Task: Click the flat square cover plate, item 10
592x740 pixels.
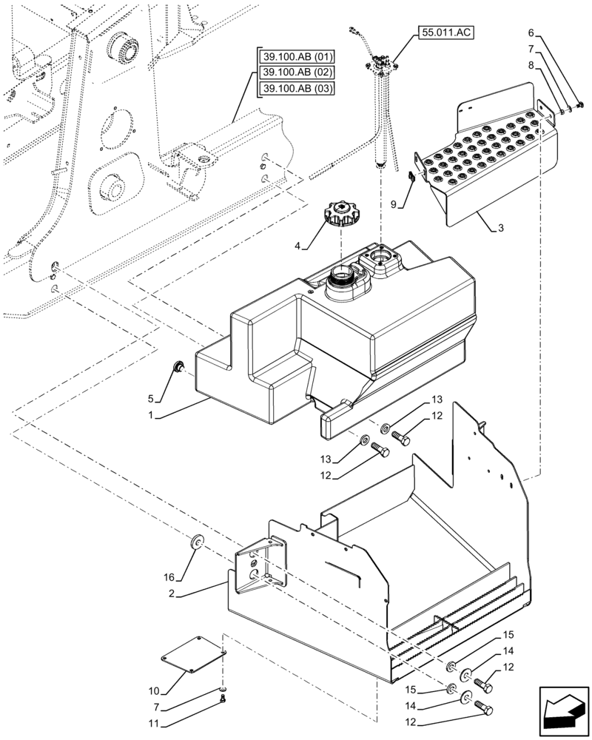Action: pos(195,654)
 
